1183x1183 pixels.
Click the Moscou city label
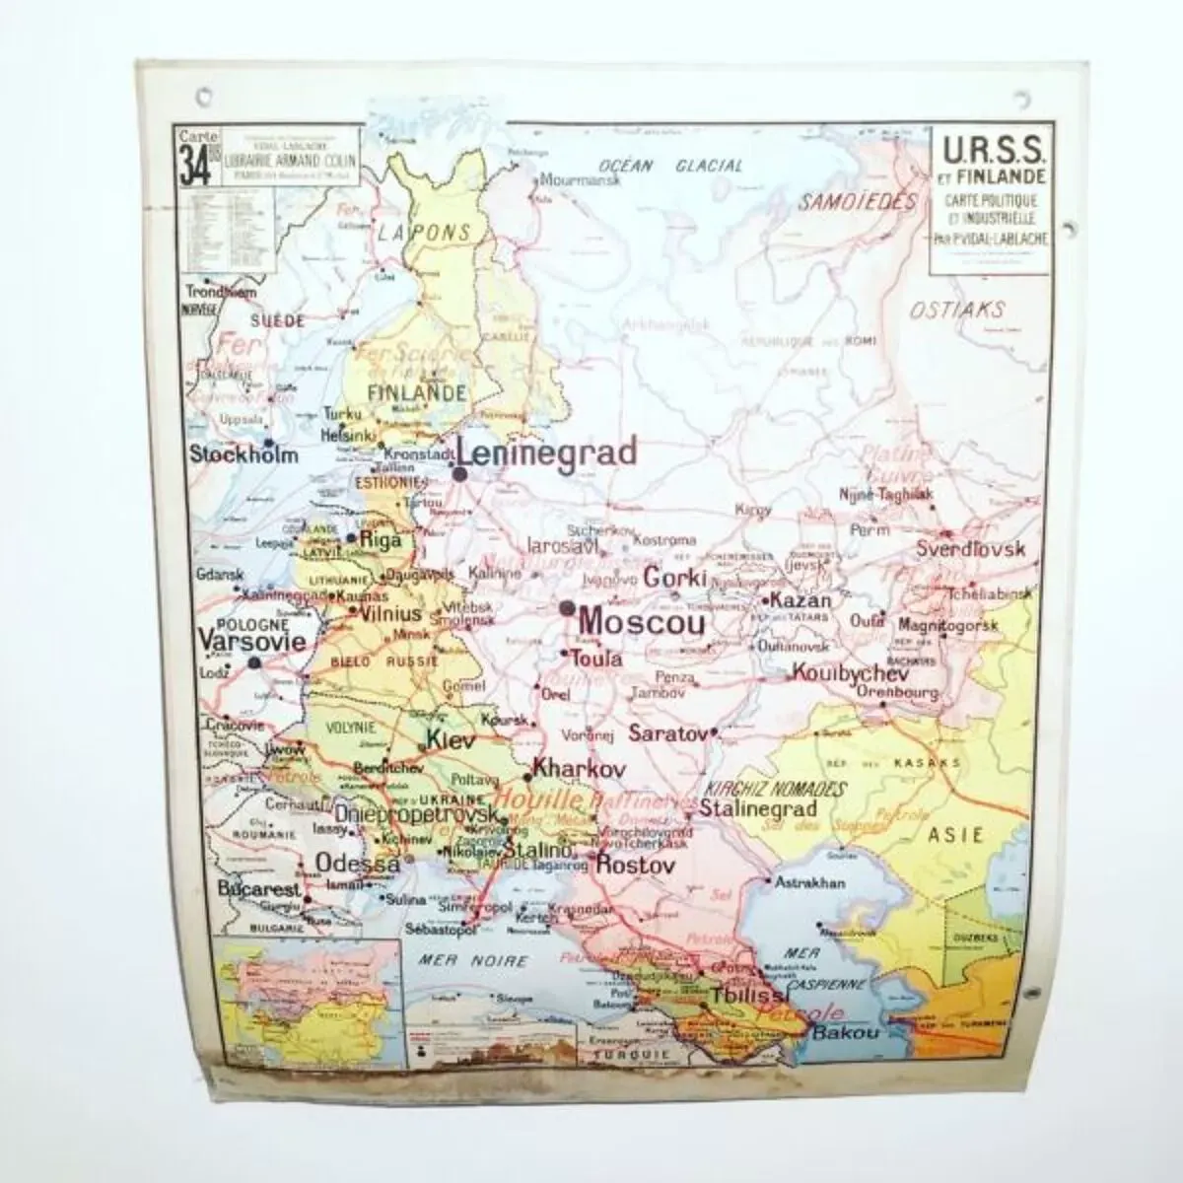[x=642, y=623]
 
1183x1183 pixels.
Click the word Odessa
[x=357, y=863]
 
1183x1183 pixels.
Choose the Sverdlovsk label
[x=970, y=550]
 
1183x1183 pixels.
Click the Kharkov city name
[x=579, y=768]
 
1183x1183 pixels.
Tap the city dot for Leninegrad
[x=460, y=474]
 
